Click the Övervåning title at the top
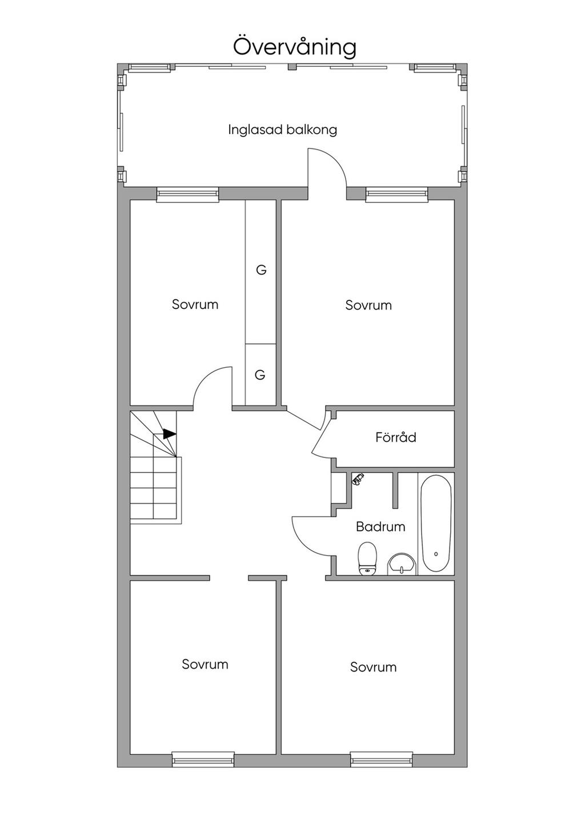[x=295, y=46]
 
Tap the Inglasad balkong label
[x=283, y=130]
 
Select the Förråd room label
[x=396, y=437]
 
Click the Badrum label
[x=380, y=526]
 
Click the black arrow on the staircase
[x=169, y=433]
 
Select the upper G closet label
[x=261, y=270]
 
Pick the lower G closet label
[x=260, y=375]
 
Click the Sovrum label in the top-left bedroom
[x=195, y=304]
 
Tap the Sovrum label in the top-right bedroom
[x=368, y=306]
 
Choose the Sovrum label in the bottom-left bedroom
[x=205, y=664]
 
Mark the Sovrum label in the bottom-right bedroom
[x=373, y=667]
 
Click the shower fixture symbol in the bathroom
[x=358, y=479]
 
